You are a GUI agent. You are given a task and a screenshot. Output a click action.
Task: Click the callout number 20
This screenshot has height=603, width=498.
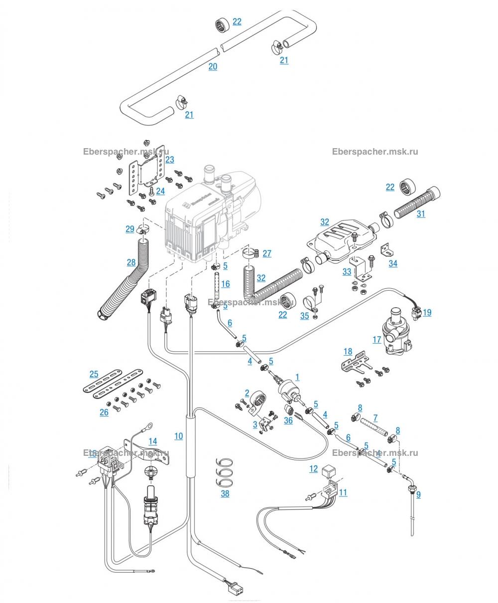click(213, 66)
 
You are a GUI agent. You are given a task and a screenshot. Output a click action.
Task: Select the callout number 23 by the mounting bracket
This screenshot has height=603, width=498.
click(170, 160)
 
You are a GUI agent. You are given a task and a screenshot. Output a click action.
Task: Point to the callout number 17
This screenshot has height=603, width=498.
click(376, 340)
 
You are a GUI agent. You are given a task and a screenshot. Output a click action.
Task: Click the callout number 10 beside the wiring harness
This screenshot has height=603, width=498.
click(178, 436)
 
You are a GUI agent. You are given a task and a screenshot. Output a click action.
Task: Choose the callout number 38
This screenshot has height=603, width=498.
click(225, 493)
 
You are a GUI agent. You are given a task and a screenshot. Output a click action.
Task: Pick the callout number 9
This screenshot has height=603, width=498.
click(418, 494)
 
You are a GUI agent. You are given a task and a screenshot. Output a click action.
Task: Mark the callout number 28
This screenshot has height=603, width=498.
click(131, 262)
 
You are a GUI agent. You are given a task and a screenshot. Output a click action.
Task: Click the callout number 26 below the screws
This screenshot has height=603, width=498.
click(104, 412)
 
